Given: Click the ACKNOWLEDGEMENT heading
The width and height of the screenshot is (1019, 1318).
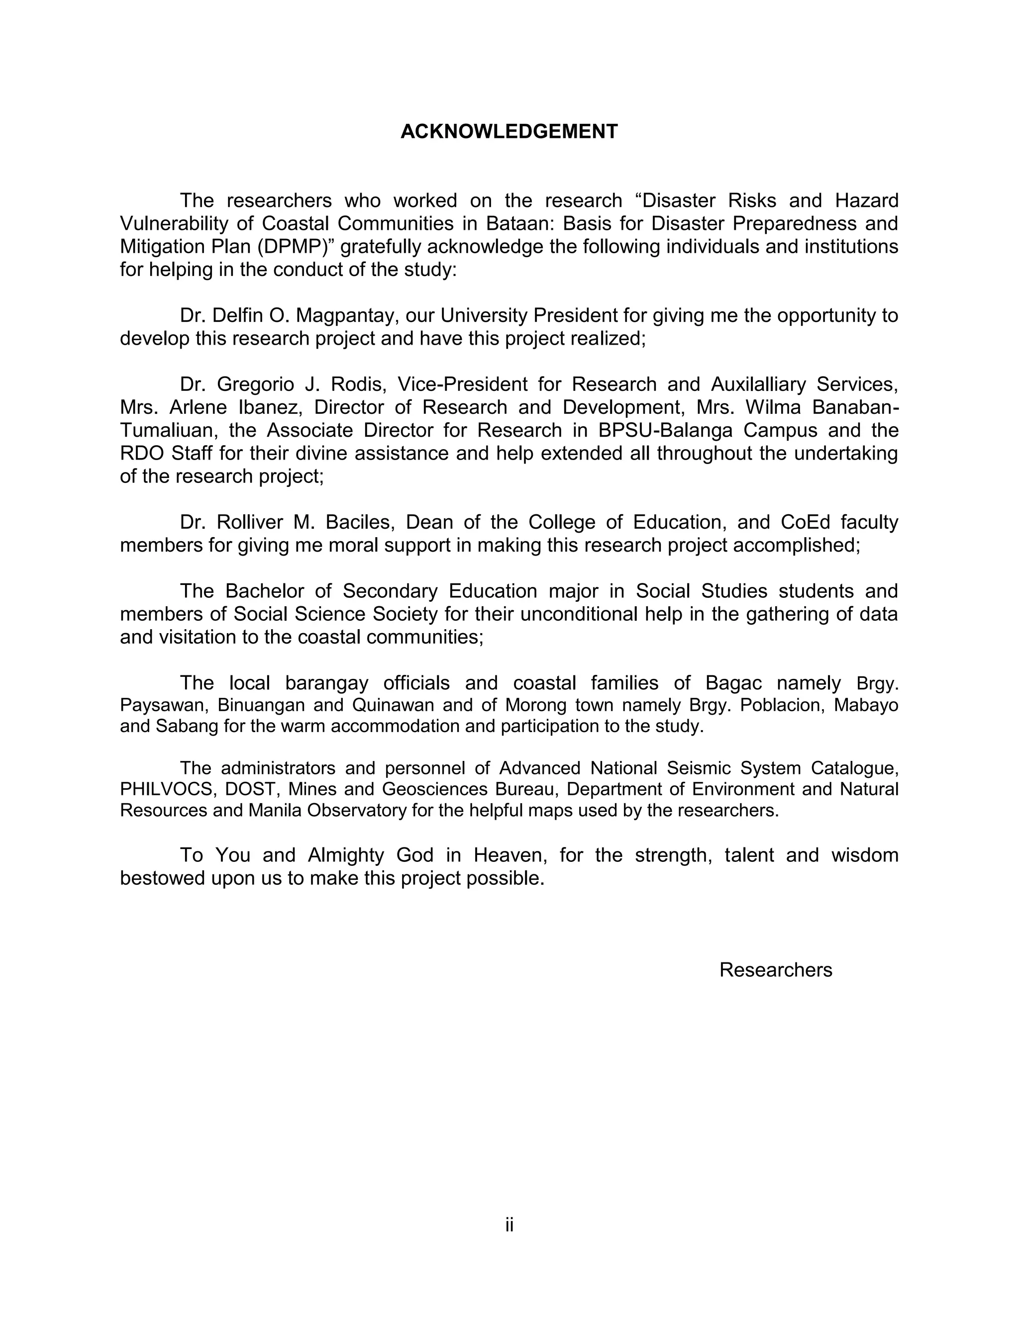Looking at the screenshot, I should (x=509, y=132).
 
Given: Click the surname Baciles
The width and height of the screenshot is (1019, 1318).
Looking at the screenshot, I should (x=360, y=522).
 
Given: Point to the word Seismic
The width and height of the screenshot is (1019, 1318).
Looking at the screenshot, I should (x=699, y=768).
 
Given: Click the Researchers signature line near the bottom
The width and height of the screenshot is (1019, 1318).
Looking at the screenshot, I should (x=776, y=970).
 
